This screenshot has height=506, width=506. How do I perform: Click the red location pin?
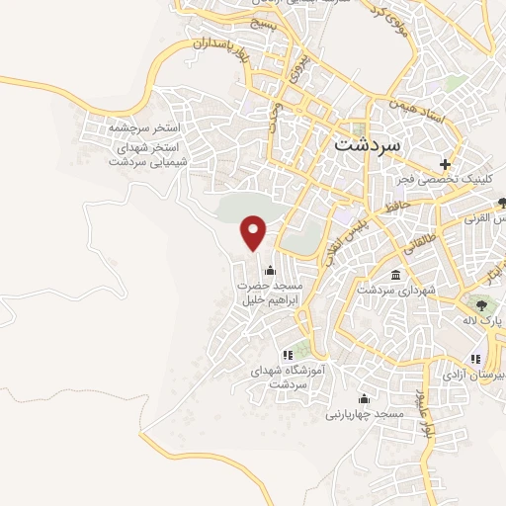point(255,231)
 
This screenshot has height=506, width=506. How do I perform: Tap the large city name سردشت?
point(368,142)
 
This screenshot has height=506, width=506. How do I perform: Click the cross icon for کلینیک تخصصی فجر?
point(446,163)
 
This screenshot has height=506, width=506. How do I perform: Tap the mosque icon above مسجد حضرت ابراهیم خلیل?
point(270,270)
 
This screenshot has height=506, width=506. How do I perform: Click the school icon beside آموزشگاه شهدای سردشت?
point(288,354)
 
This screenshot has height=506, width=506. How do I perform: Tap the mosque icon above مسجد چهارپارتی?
point(365,399)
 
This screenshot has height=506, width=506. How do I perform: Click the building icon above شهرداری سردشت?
point(395,274)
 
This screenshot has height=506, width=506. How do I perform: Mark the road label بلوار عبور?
point(427,412)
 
